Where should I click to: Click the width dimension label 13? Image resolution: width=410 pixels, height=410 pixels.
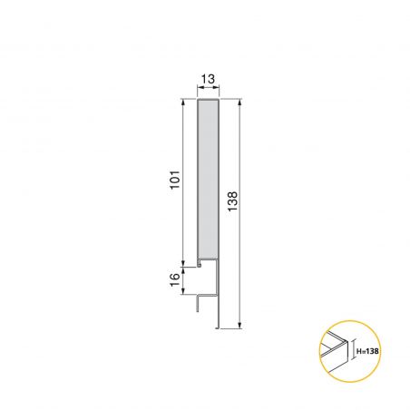click(208, 81)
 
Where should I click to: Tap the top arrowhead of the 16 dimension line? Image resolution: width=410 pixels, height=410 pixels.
click(185, 270)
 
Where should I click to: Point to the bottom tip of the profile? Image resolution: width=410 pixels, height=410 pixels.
click(218, 326)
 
